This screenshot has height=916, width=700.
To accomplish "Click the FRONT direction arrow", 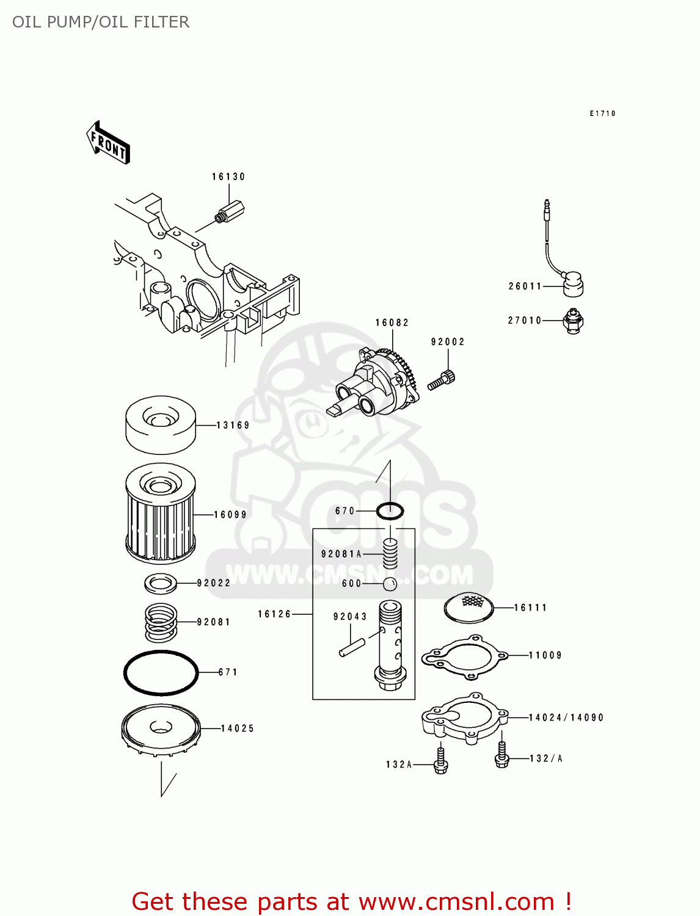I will [108, 143].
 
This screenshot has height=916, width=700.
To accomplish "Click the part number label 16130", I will [228, 176].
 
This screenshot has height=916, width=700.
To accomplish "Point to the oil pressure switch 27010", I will [573, 321].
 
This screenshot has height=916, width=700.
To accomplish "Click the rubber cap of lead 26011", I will [572, 285].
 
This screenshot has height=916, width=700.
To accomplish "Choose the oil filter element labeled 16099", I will [160, 514].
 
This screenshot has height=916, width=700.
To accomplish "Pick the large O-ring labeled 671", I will [161, 672].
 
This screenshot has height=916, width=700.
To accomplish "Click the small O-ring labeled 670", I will [390, 511].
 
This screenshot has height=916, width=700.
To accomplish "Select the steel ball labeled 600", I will [390, 584].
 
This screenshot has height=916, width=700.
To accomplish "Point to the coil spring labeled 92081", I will [161, 622].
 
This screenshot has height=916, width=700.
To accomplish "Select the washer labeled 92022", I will [161, 583].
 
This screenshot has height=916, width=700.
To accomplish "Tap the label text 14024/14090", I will [566, 718].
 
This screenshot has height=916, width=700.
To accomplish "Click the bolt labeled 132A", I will [440, 762].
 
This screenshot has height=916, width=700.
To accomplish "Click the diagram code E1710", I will [602, 114].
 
